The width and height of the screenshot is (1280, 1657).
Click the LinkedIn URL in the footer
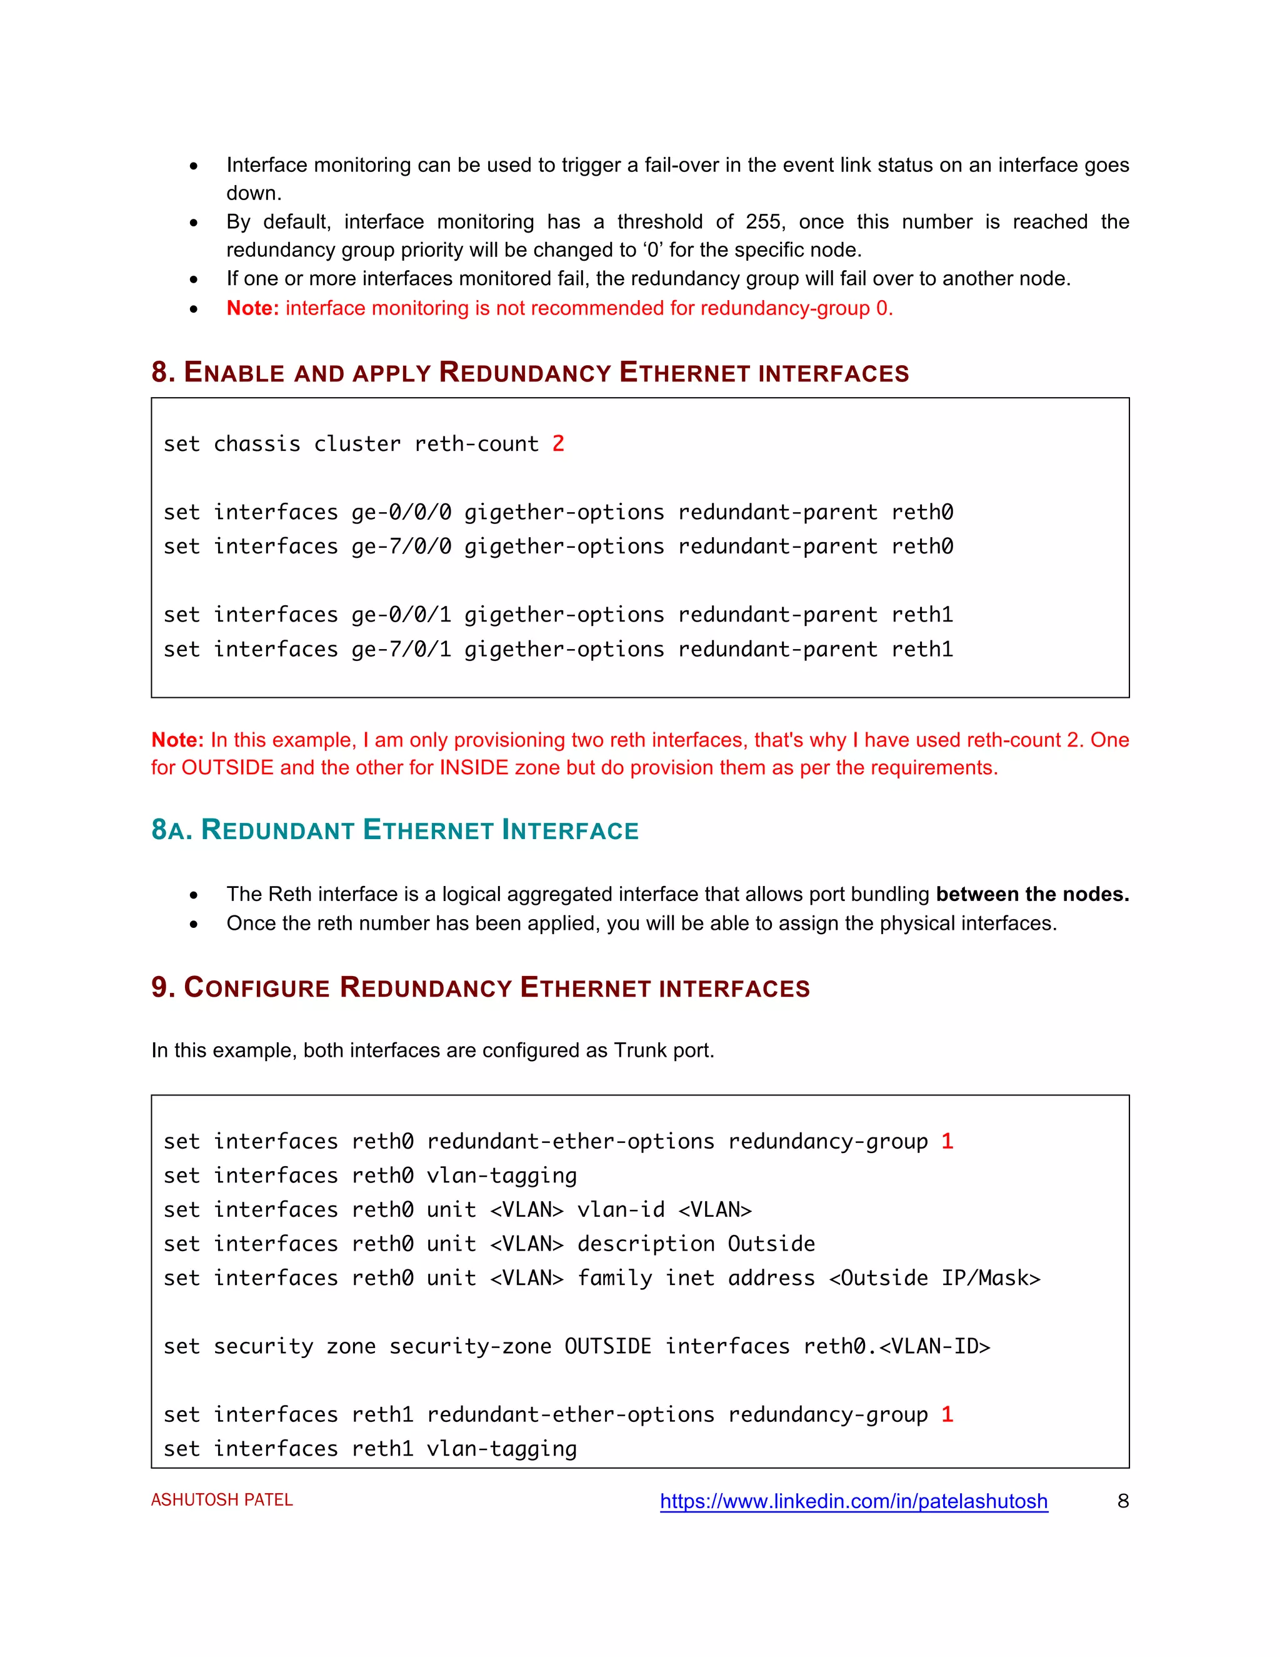(x=853, y=1501)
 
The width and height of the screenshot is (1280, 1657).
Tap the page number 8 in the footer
(x=1122, y=1501)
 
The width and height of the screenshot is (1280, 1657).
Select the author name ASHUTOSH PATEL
(x=221, y=1500)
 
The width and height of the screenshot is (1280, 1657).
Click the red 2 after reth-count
(x=558, y=444)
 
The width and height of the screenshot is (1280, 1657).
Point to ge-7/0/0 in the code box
(x=401, y=547)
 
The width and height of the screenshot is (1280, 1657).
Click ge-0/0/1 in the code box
(x=401, y=615)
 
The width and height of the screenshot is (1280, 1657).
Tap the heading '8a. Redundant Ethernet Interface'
(x=394, y=830)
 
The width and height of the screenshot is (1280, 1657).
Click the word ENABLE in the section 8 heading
(x=234, y=373)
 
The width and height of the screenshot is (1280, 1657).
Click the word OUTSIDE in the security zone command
(x=607, y=1346)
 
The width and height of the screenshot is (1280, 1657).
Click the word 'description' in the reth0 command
(x=645, y=1244)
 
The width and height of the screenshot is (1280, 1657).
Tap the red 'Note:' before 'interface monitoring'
(x=252, y=308)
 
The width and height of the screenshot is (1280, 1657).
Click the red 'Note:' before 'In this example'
(x=177, y=740)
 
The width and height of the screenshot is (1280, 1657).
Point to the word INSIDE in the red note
(x=474, y=768)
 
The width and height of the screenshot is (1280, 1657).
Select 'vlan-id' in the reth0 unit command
(x=620, y=1210)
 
